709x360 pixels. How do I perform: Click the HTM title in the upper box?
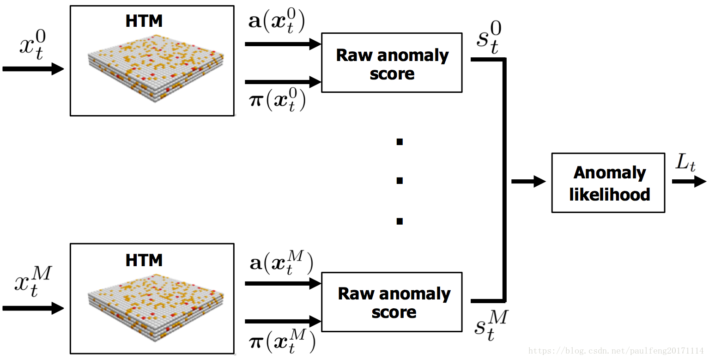coord(144,21)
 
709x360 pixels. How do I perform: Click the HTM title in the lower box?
coord(144,260)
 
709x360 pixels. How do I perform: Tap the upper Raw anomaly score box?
coord(392,63)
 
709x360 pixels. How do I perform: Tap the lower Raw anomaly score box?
coord(392,302)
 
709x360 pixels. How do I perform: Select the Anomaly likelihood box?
coord(608,183)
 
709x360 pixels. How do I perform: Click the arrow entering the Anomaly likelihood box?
coord(528,182)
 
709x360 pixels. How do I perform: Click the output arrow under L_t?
coord(689,182)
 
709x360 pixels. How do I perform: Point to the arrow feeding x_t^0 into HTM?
coord(33,69)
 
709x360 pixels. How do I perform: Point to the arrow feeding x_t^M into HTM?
coord(33,308)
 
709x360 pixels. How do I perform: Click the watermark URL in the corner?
coord(617,352)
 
